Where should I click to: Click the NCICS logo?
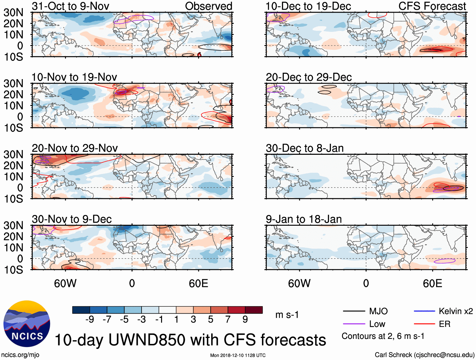(26, 324)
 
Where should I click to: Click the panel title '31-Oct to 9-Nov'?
(70, 6)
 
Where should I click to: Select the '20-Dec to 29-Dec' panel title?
(309, 77)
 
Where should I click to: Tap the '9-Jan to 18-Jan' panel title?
(304, 219)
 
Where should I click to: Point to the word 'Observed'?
(208, 6)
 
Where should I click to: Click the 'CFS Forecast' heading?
(432, 6)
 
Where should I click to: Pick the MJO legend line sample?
(354, 311)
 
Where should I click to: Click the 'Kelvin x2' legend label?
(456, 311)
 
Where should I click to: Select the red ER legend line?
(424, 324)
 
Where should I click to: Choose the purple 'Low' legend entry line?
(354, 324)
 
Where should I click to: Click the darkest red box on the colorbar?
(254, 310)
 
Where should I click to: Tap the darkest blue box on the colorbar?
(81, 310)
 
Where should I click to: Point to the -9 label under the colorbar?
(90, 320)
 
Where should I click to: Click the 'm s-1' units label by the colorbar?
(287, 315)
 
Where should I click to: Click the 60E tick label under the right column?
(432, 283)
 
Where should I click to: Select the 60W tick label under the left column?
(65, 283)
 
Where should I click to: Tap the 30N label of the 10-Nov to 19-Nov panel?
(13, 84)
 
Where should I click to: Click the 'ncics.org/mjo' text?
(20, 355)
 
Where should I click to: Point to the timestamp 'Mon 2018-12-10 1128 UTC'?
(238, 355)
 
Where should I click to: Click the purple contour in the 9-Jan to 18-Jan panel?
(444, 261)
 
